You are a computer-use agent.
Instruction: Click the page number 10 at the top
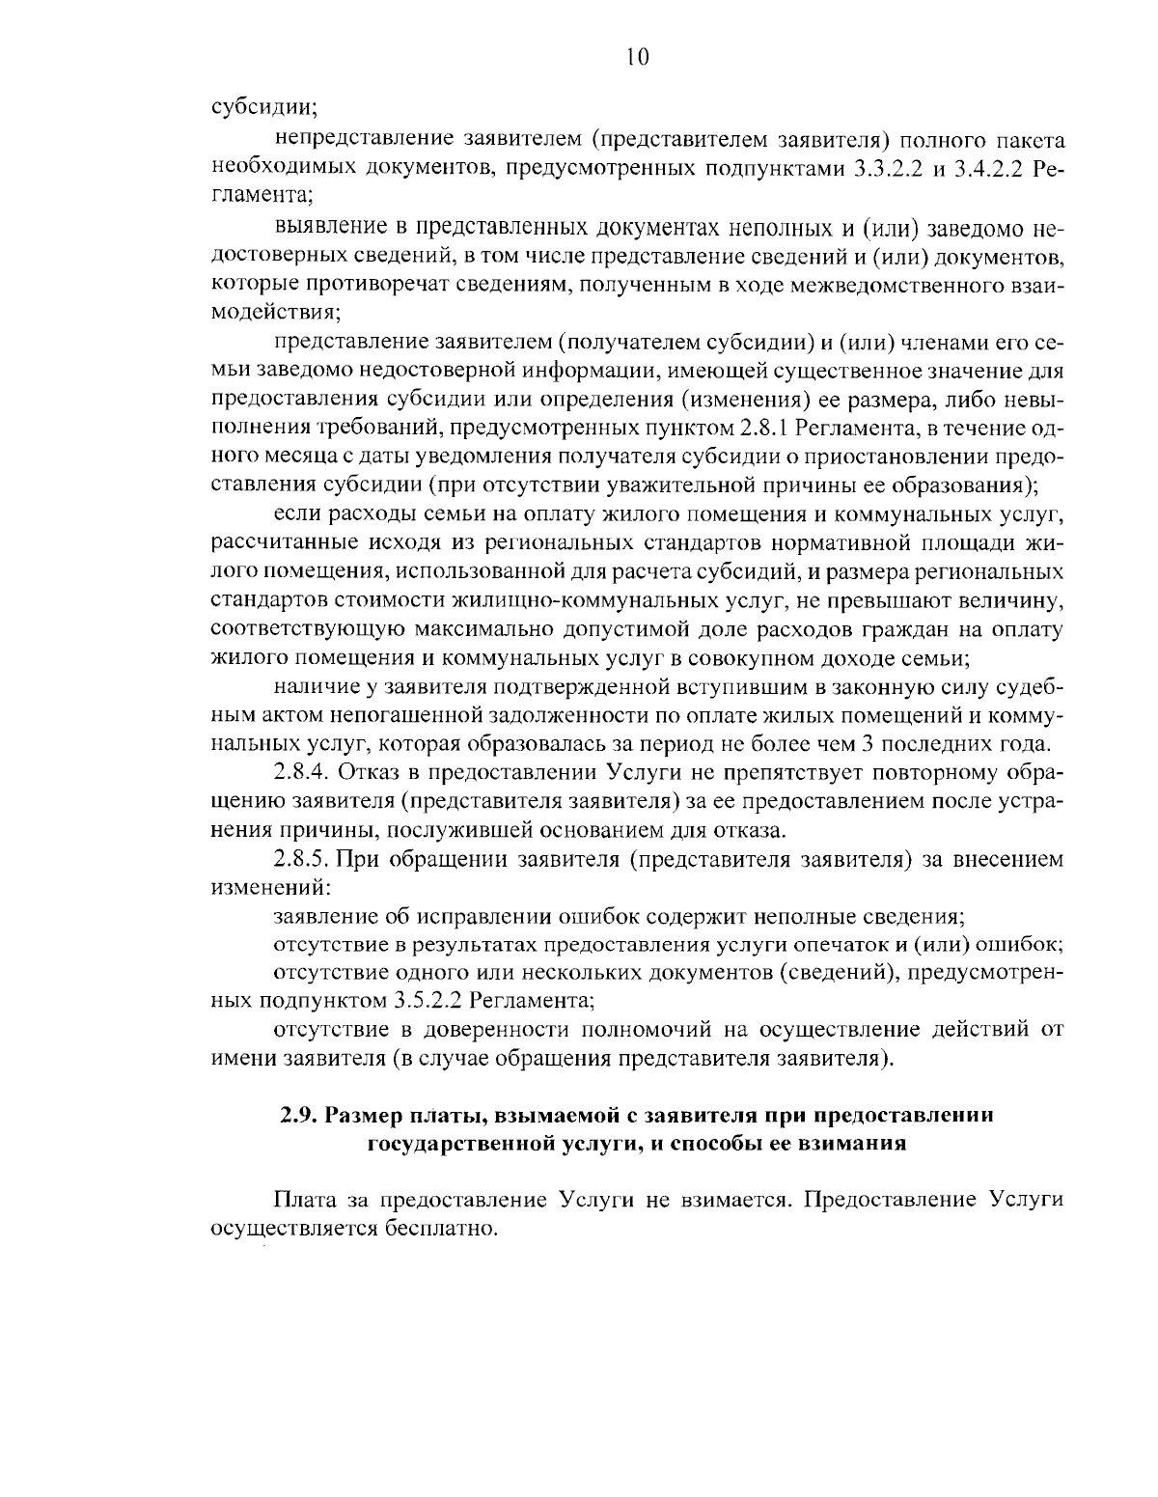637,57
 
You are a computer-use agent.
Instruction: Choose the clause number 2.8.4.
302,773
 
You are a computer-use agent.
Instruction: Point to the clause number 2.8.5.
302,858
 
